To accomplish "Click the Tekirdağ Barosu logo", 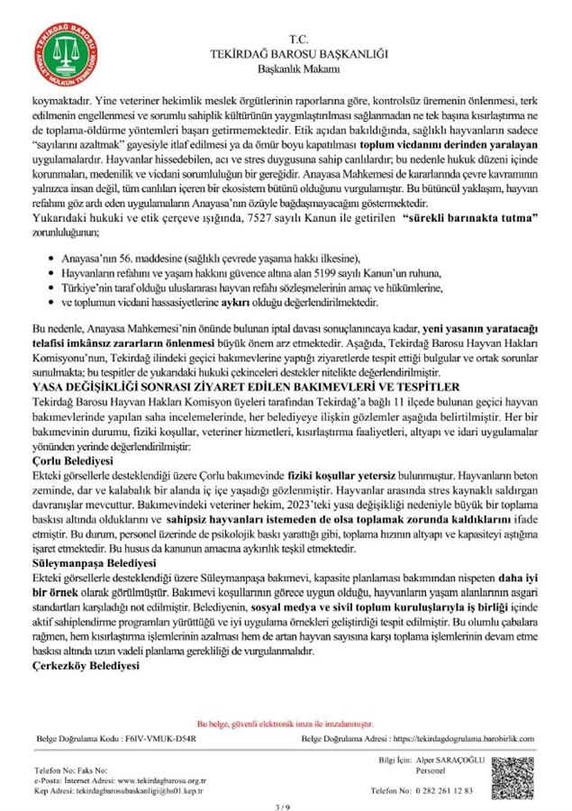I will (x=61, y=53).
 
